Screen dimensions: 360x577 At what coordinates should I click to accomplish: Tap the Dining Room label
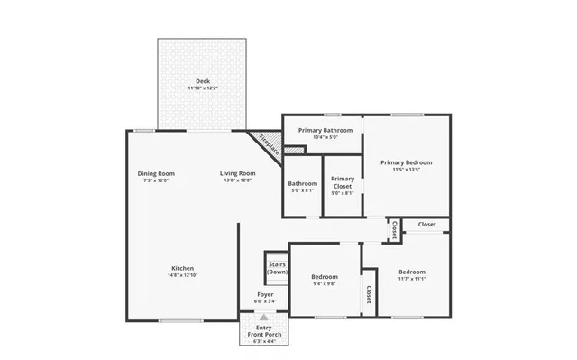[156, 173]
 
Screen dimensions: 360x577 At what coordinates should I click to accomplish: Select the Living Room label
[238, 173]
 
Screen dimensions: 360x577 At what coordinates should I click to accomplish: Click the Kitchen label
[183, 268]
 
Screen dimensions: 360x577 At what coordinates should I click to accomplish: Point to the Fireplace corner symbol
[268, 144]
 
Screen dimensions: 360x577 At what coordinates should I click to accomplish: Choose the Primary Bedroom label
[406, 162]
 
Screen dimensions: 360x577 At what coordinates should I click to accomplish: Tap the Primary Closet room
[342, 185]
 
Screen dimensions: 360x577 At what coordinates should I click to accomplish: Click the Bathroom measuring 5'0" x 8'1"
[302, 187]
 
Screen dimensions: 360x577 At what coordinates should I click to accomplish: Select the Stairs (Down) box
[277, 268]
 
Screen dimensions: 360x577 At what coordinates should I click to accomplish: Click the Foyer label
[265, 295]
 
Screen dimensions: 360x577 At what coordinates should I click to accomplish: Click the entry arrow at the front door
[264, 317]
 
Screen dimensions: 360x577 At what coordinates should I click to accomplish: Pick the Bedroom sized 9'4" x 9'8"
[324, 276]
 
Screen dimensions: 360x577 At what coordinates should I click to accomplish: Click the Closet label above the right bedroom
[426, 224]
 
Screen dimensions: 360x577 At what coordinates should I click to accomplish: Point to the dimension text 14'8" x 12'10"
[183, 275]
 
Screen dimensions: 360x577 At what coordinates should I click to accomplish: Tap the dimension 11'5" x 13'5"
[406, 170]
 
